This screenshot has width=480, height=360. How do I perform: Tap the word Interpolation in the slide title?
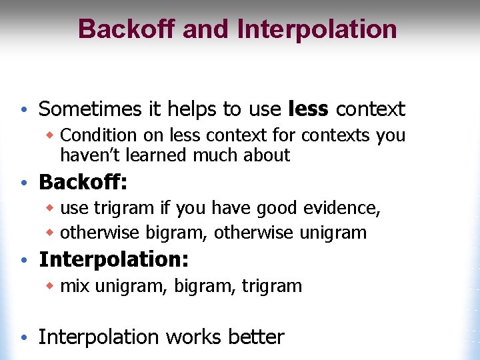pos(317,29)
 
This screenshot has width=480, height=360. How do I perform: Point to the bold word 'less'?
pos(309,109)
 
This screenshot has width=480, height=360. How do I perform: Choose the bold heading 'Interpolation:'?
pos(113,259)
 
